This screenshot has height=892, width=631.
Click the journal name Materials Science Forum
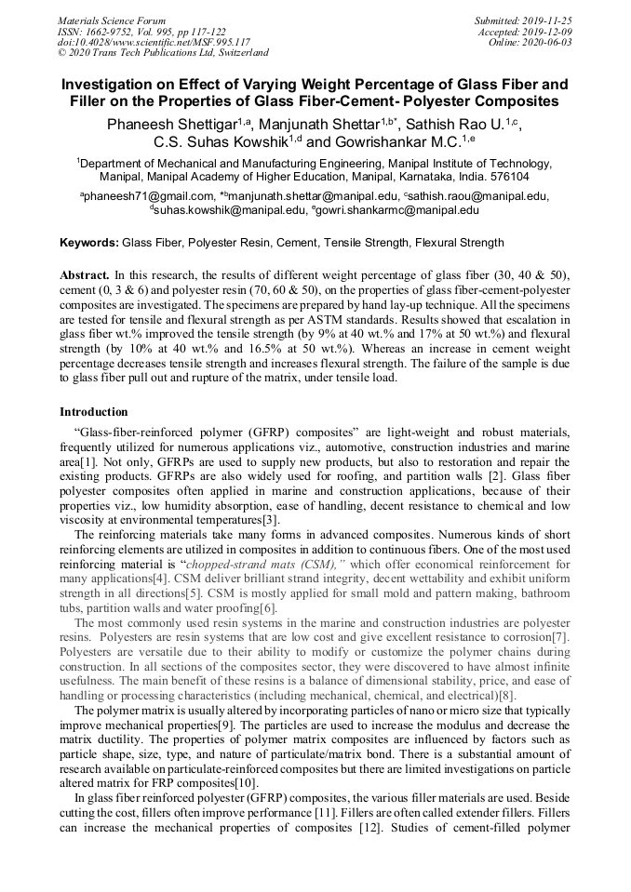112,20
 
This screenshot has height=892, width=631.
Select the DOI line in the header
154,43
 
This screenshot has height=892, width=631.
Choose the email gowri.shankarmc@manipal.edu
397,210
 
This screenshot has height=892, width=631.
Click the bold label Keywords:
89,243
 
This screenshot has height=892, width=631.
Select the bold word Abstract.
85,276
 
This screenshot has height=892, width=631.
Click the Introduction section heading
94,412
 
